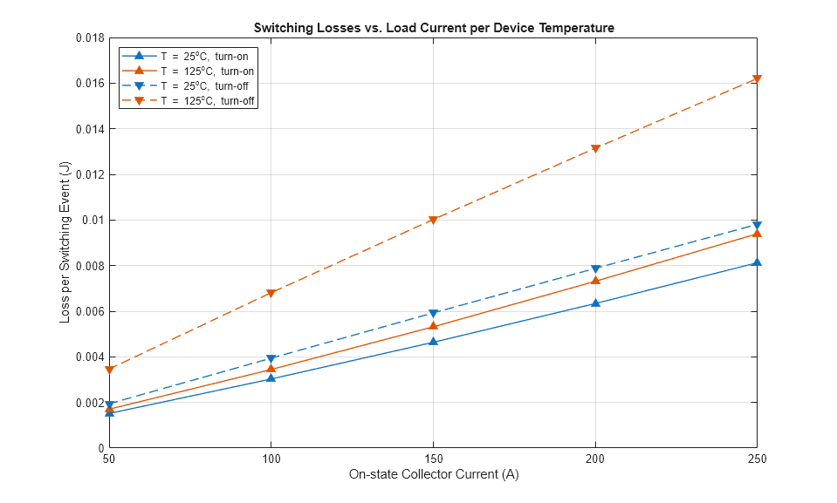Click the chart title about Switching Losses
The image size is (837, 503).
coord(434,28)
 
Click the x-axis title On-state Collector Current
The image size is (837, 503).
coord(434,475)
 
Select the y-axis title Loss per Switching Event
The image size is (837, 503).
coord(65,243)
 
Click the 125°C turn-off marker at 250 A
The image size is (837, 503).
coord(757,79)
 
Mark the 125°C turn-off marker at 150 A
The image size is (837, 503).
coord(433,220)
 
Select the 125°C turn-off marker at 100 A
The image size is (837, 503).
coord(271,293)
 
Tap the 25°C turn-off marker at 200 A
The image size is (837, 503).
coord(595,269)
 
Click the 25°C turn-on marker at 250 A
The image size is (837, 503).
coord(757,262)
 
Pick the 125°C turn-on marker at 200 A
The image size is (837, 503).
coord(595,281)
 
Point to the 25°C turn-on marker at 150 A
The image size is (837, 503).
coord(433,342)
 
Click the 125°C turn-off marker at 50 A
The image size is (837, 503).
coord(109,370)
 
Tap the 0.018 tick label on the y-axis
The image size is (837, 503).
coord(88,38)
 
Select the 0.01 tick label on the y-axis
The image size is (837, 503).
coord(93,220)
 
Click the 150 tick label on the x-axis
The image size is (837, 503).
coord(433,459)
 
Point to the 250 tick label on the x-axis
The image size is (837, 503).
coord(757,459)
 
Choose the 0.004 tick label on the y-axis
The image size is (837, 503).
coord(88,357)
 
